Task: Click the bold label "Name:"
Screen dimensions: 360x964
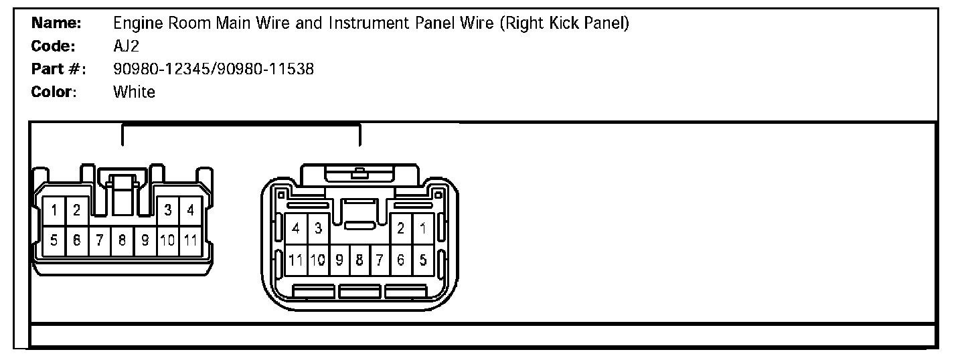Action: (56, 23)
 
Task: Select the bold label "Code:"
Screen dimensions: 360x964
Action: (54, 46)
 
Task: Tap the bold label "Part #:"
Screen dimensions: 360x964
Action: (58, 69)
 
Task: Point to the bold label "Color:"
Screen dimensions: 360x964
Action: (54, 92)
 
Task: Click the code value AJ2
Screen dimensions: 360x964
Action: (127, 46)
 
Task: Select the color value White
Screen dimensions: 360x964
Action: (134, 92)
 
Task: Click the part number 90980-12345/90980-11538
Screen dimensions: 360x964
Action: (214, 69)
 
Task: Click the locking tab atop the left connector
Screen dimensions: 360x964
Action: (122, 194)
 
